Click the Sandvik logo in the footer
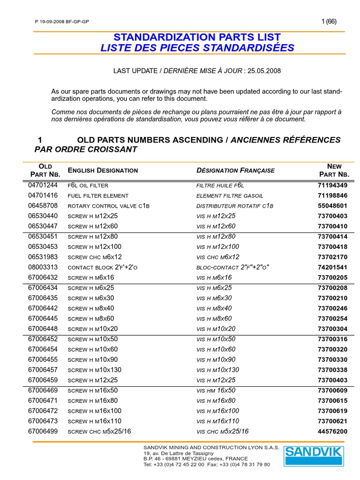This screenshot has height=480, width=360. (x=314, y=456)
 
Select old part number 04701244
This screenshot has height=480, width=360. (x=43, y=185)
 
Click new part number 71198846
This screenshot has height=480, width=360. (x=332, y=195)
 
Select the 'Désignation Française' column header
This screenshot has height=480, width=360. (x=235, y=170)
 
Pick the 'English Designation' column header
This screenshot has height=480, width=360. (x=103, y=170)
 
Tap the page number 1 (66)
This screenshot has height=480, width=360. (x=329, y=21)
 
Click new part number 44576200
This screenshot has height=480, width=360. (x=332, y=431)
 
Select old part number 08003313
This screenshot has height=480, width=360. (x=43, y=267)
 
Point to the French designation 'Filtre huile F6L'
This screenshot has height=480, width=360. (x=220, y=186)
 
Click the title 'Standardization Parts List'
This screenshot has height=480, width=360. (x=197, y=37)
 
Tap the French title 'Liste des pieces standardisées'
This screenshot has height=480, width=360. (x=197, y=48)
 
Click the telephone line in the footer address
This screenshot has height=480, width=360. (x=207, y=464)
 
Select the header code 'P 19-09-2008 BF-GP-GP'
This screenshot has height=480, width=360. (x=62, y=22)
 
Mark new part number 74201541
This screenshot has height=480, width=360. (x=332, y=267)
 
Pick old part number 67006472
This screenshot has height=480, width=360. (x=43, y=411)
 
